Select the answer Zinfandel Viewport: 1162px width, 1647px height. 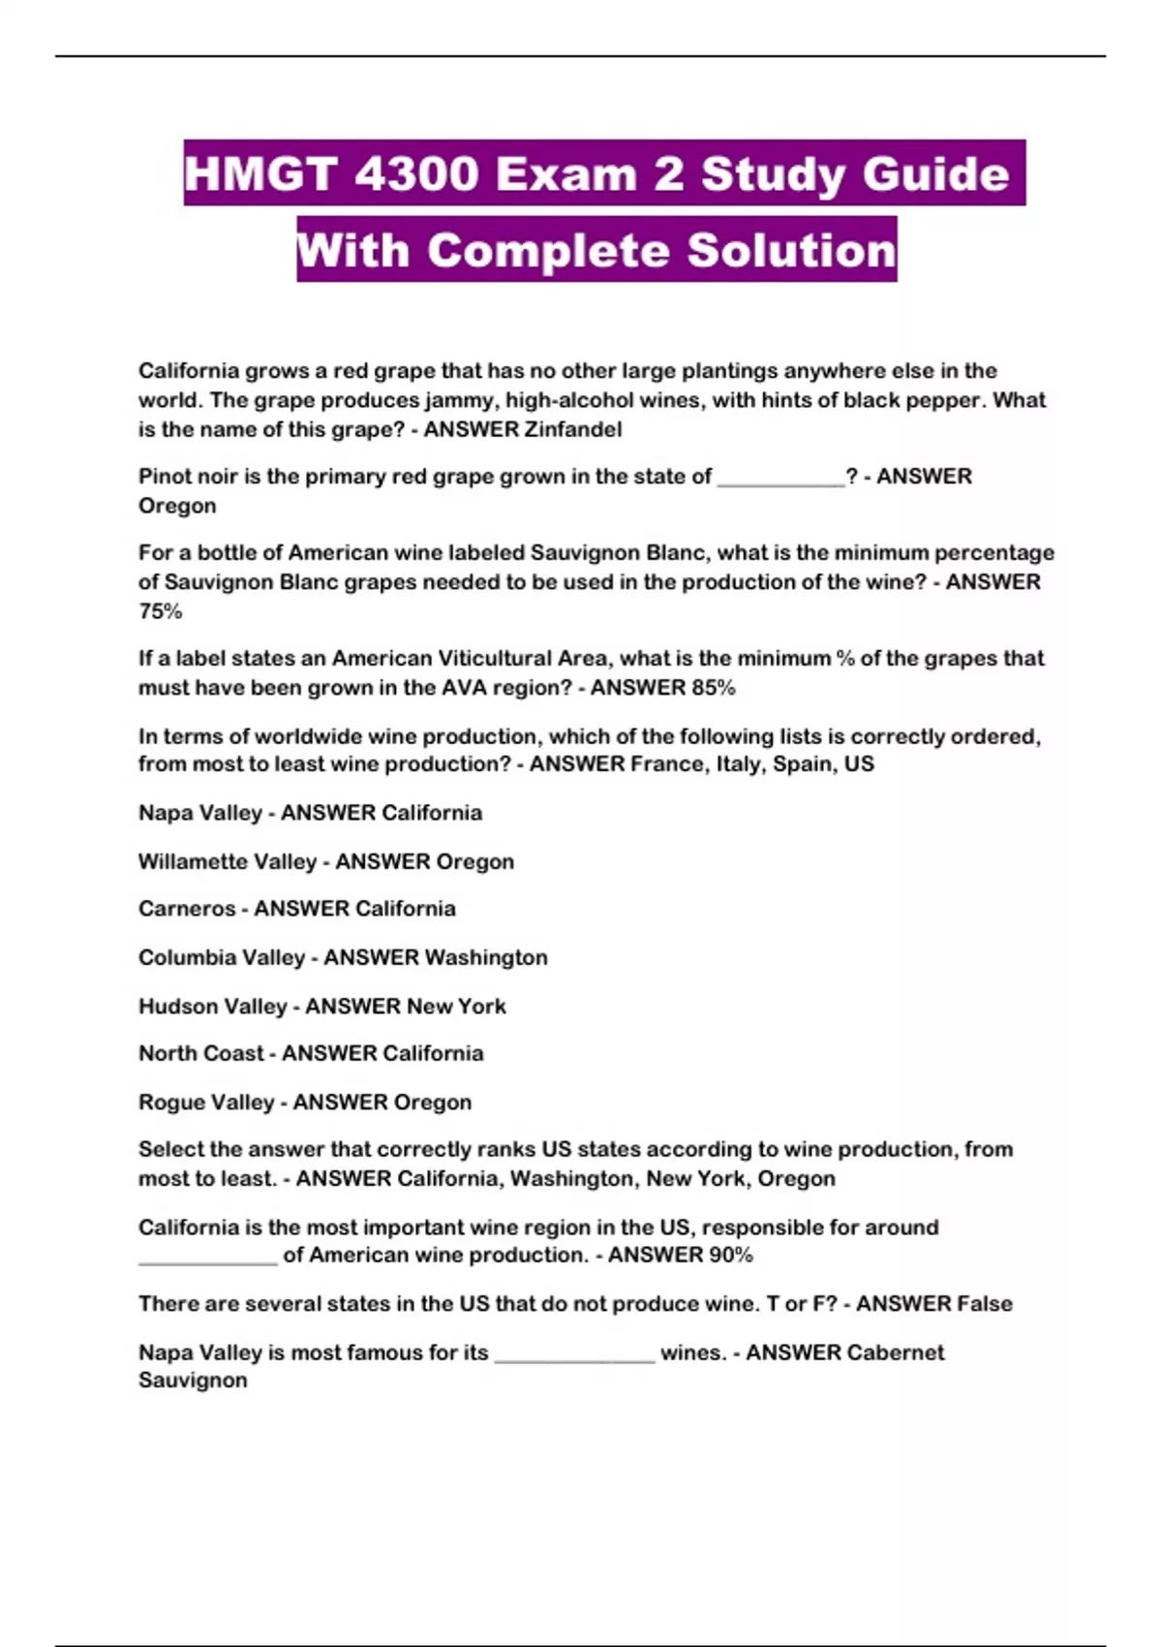(572, 429)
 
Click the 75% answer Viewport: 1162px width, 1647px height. (160, 611)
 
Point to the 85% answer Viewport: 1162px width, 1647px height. (714, 688)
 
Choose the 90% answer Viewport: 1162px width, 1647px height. (729, 1256)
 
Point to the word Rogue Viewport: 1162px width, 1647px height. (167, 1102)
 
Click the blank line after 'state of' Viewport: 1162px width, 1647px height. (780, 480)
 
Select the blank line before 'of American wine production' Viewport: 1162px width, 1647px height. (207, 1259)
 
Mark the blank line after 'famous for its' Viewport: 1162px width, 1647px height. (574, 1356)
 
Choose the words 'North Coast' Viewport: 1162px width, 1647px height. (200, 1053)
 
